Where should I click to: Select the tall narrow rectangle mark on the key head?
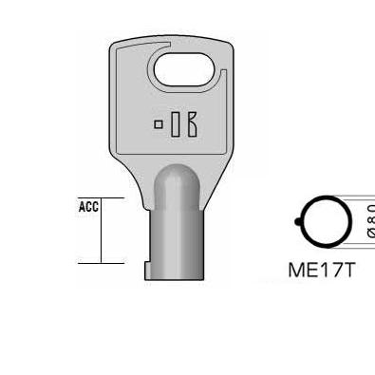click(173, 124)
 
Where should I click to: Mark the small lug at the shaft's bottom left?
click(148, 274)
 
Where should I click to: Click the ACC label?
click(88, 205)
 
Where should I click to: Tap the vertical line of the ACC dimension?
click(102, 231)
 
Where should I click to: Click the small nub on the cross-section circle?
click(298, 223)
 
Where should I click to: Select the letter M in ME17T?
click(295, 269)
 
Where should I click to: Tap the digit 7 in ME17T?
click(333, 269)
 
